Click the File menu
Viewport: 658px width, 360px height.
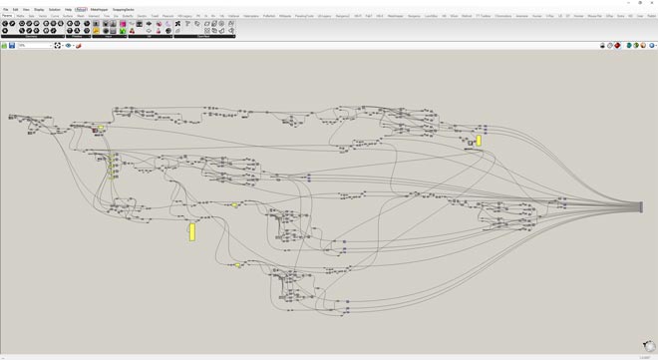click(x=5, y=9)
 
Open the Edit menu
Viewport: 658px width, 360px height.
click(x=16, y=9)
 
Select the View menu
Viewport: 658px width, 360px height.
click(x=26, y=9)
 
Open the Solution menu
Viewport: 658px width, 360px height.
click(x=54, y=9)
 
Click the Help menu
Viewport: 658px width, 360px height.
click(x=68, y=9)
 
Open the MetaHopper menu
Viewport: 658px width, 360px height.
click(x=100, y=9)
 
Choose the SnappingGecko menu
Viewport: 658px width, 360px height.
click(x=124, y=9)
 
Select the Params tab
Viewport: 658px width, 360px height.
click(x=6, y=16)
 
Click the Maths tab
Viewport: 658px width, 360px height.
click(x=20, y=16)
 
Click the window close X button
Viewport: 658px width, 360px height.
click(x=651, y=3)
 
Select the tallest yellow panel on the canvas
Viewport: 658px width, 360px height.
click(x=192, y=231)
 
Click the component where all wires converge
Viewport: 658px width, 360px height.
click(x=641, y=207)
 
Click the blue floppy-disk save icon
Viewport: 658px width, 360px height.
click(x=12, y=45)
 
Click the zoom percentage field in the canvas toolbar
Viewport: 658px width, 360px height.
click(x=34, y=45)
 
